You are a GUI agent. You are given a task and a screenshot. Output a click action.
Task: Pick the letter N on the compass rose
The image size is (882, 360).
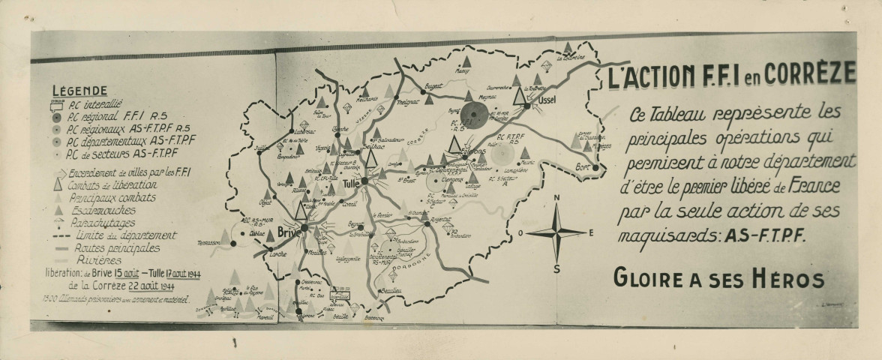coord(556,198)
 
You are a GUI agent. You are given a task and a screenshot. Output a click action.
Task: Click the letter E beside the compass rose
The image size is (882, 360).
coord(591,232)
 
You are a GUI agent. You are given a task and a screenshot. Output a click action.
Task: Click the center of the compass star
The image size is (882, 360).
coord(556,232)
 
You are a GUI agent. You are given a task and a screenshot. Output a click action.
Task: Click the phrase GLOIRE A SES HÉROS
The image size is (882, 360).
coord(718,279)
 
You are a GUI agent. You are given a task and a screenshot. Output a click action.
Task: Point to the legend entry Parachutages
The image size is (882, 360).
coord(100,223)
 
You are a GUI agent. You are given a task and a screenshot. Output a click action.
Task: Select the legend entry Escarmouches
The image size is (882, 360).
coord(103,211)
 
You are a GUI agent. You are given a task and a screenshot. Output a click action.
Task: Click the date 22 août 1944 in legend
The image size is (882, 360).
coord(137,285)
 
